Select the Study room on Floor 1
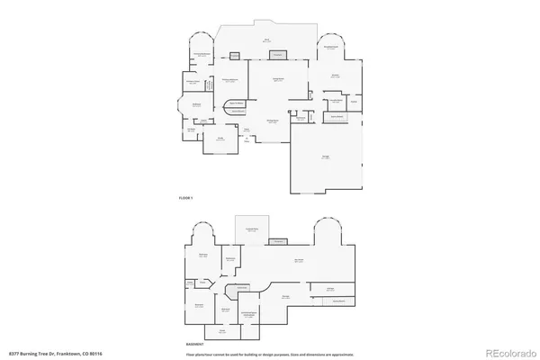220,139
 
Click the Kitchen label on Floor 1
335,76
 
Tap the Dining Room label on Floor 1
271,121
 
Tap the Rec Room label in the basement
298,261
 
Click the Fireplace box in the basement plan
279,241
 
